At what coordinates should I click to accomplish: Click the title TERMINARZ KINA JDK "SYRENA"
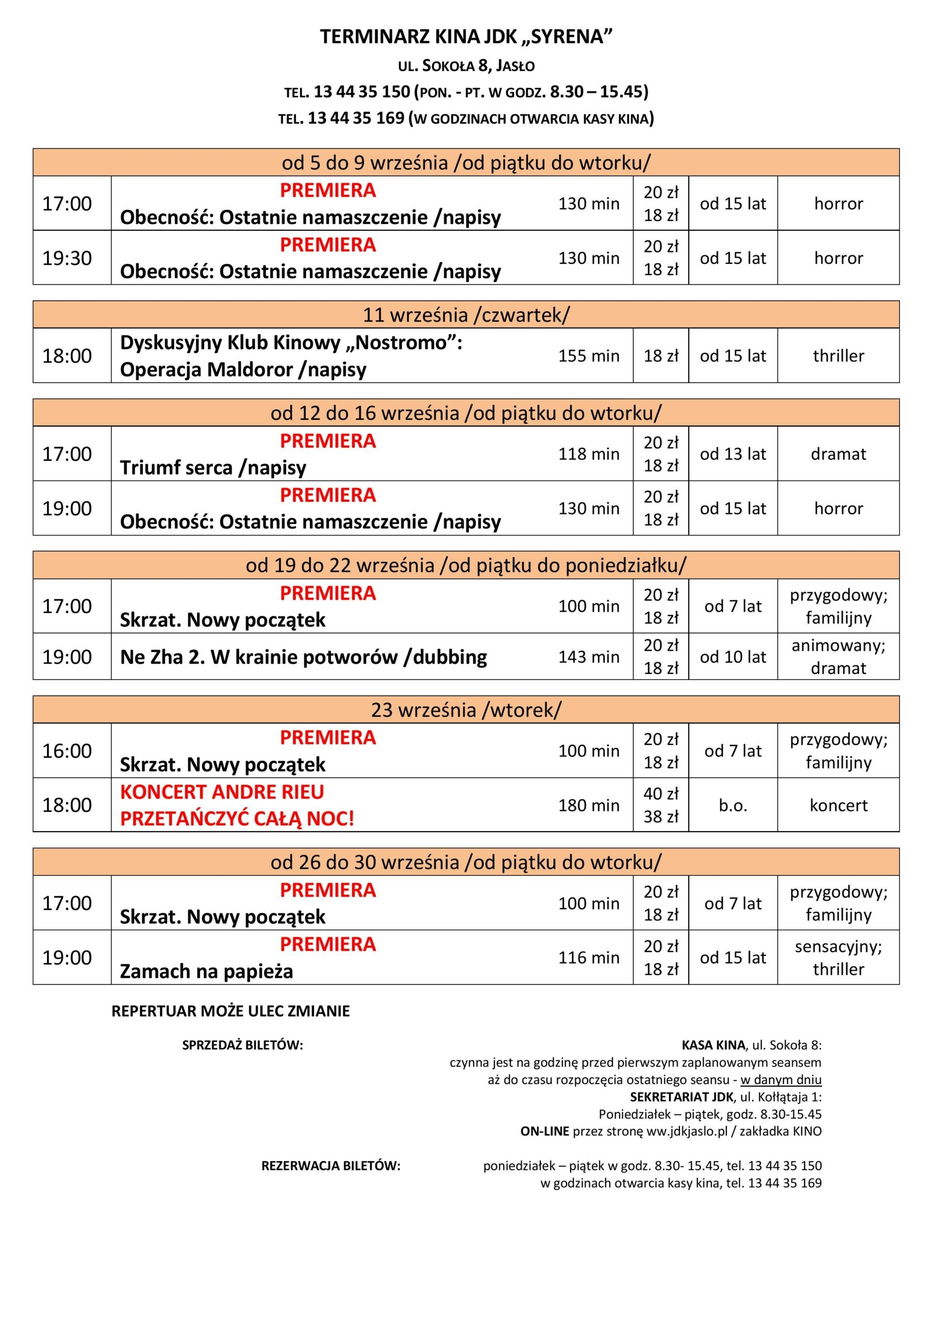coord(466,37)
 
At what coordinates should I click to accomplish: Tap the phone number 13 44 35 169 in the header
coord(356,119)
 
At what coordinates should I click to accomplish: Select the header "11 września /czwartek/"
coord(466,315)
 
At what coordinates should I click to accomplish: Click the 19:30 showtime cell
coord(67,258)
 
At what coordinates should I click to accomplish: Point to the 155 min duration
coord(589,356)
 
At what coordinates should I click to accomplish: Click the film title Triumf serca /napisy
coord(213,468)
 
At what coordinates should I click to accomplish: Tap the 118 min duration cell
coord(589,454)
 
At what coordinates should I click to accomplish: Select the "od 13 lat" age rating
coord(733,454)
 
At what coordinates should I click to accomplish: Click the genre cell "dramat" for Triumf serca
coord(838,454)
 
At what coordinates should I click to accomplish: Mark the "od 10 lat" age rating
coord(733,656)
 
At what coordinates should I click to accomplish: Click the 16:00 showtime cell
coord(67,751)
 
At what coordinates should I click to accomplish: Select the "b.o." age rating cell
coord(733,805)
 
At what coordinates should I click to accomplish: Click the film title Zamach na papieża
coord(206,971)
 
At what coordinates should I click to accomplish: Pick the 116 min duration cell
coord(589,958)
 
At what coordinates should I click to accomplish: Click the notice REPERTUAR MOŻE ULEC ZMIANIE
coord(230,1011)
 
